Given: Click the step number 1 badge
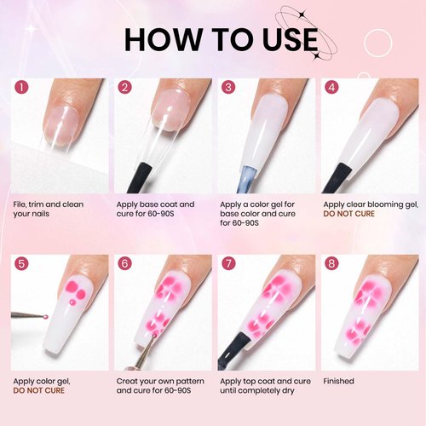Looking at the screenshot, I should (x=21, y=88).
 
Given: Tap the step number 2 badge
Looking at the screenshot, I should (x=124, y=88).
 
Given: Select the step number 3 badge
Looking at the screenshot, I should (x=227, y=88).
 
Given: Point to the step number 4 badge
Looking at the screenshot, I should (x=331, y=88).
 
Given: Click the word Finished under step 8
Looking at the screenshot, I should (x=339, y=382).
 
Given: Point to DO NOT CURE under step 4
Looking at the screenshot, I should (x=347, y=215).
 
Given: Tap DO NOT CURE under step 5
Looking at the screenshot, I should (x=37, y=392).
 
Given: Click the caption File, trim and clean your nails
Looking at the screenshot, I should (x=50, y=210).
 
